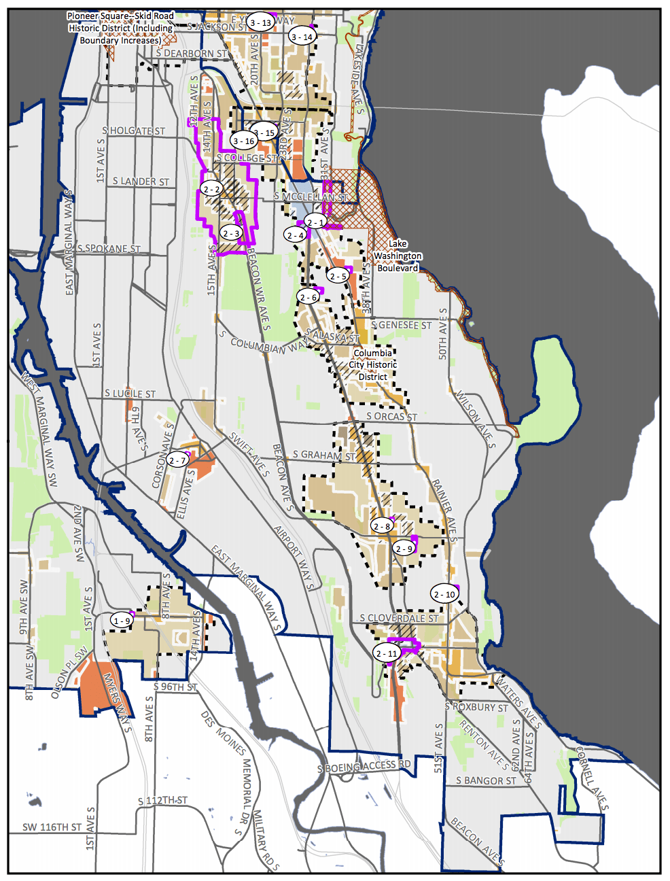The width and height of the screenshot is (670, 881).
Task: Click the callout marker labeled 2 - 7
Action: (x=177, y=460)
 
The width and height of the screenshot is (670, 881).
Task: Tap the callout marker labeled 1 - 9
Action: (x=122, y=621)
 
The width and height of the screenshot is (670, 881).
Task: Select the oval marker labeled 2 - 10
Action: (x=444, y=594)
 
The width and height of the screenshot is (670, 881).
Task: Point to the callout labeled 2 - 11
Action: (x=386, y=653)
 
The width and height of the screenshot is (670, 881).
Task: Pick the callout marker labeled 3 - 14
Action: (x=302, y=37)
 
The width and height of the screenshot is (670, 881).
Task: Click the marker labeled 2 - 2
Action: (x=211, y=189)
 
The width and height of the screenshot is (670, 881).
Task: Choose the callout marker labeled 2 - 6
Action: (x=308, y=297)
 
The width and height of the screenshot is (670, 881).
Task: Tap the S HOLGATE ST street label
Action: (x=134, y=131)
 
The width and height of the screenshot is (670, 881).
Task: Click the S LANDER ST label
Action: (x=141, y=182)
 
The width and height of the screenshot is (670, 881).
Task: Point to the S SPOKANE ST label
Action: (x=109, y=248)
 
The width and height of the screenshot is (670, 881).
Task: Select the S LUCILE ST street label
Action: (x=130, y=394)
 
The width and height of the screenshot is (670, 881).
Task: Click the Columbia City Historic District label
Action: (x=372, y=365)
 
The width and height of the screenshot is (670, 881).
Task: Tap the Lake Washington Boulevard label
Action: (x=398, y=256)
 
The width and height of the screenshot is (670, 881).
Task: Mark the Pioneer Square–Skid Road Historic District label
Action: (x=120, y=28)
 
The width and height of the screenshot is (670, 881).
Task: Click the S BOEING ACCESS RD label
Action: (x=364, y=767)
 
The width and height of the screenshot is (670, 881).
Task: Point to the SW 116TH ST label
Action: (x=52, y=827)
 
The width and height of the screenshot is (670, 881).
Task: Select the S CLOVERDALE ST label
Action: (x=399, y=619)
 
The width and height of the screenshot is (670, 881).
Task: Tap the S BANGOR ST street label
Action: (x=486, y=780)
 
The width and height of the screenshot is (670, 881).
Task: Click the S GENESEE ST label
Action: (x=401, y=326)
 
